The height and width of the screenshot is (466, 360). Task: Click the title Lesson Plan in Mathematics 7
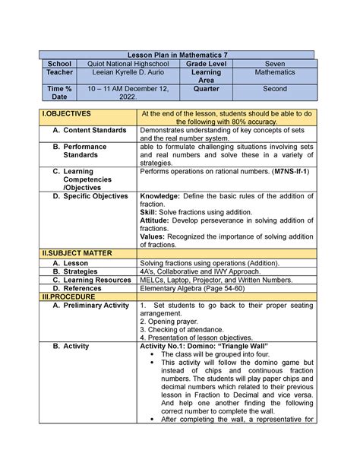pos(178,55)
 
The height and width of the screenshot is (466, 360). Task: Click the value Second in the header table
pos(275,89)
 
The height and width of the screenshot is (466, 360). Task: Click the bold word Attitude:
pos(157,220)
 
